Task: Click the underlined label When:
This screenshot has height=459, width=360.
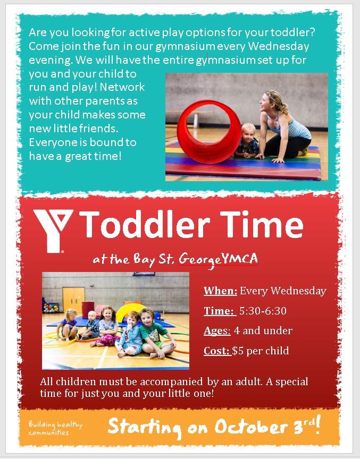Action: (220, 291)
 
